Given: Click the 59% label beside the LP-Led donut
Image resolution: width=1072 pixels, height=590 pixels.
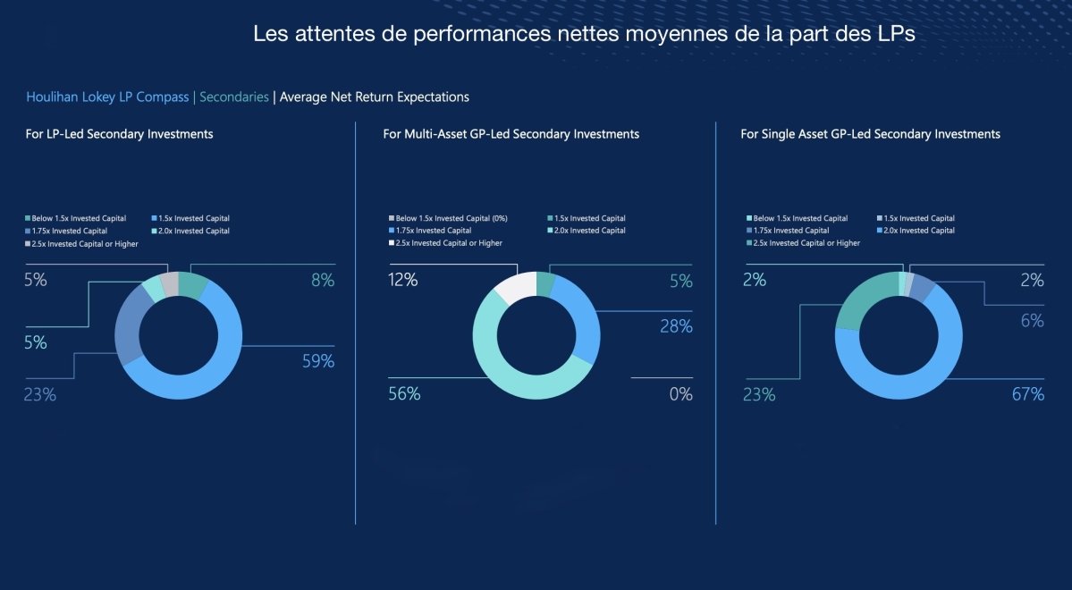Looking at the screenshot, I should tap(317, 361).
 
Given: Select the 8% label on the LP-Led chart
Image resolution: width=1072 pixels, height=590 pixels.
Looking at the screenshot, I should tap(323, 280).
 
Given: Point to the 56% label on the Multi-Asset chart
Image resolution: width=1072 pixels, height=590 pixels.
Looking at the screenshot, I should tap(404, 394).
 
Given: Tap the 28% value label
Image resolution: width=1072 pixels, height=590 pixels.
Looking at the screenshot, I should tap(675, 326).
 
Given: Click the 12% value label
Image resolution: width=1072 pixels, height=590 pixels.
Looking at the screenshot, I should tap(402, 280).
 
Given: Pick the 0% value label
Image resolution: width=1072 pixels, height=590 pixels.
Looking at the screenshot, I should tap(680, 394).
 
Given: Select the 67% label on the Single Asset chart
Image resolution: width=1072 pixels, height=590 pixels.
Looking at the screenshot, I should tap(1027, 394).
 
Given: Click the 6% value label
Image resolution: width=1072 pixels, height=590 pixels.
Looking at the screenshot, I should tap(1032, 321).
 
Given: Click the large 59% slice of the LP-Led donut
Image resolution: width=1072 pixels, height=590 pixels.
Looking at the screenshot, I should tap(224, 380).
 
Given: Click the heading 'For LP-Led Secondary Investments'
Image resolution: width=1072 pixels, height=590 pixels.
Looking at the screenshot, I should tap(119, 134).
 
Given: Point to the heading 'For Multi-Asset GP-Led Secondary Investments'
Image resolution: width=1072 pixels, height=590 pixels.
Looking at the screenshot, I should tap(511, 134).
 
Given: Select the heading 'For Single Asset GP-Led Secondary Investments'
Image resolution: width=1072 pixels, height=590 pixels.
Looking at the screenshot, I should tap(870, 134).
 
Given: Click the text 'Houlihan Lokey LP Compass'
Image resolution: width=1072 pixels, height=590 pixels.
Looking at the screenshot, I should tap(107, 97).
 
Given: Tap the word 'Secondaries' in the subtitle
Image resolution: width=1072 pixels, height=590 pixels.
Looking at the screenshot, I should tap(234, 97).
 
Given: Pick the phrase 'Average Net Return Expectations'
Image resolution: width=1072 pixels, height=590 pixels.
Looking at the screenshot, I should tap(374, 97).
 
